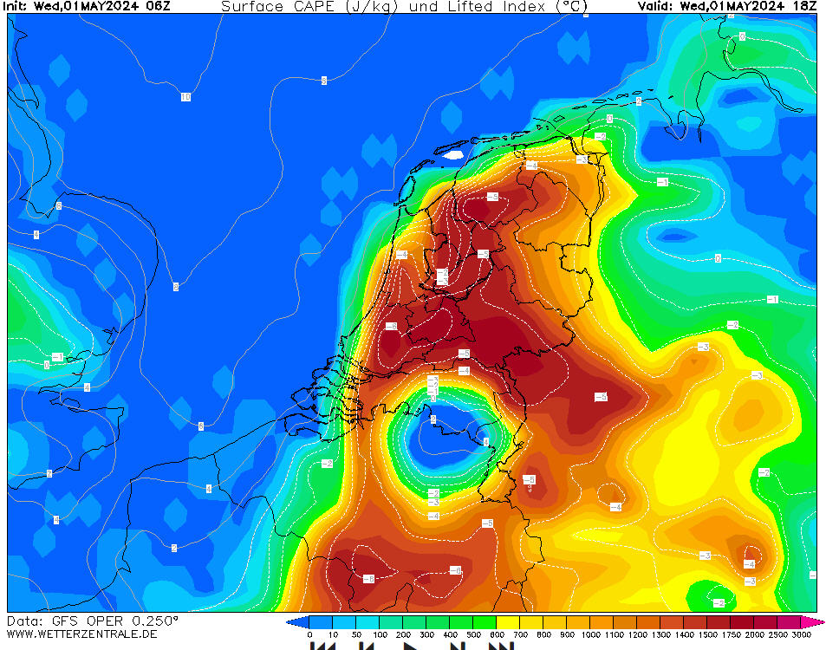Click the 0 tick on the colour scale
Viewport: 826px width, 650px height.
tap(309, 635)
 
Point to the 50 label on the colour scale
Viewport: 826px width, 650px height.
tap(356, 635)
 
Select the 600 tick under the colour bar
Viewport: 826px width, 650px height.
tap(497, 635)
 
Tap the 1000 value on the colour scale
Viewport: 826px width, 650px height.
tap(590, 635)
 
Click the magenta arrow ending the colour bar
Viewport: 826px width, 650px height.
tap(819, 622)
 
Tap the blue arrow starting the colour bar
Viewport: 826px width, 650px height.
tap(292, 622)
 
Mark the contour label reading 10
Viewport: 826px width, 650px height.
tap(185, 97)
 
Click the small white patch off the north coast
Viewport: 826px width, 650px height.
tap(453, 155)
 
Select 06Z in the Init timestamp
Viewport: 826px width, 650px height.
tap(157, 6)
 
